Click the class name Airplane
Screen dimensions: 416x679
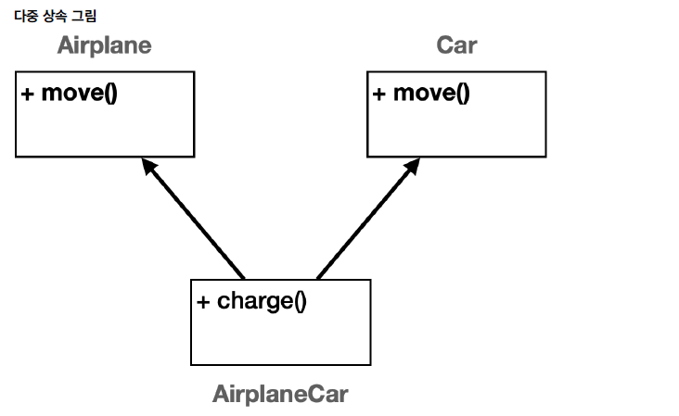click(104, 45)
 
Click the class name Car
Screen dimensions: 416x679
click(456, 45)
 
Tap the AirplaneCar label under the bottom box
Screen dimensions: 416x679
click(280, 394)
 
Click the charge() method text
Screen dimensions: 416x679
click(261, 301)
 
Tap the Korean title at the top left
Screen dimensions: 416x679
click(55, 17)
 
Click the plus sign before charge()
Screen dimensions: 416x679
click(203, 302)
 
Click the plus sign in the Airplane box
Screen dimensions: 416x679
click(28, 94)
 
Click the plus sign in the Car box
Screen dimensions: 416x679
click(379, 94)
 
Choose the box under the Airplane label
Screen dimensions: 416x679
click(105, 130)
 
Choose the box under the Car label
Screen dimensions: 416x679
click(455, 130)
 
